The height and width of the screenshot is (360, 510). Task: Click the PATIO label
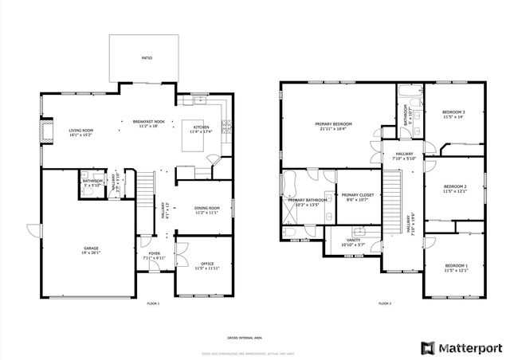click(147, 58)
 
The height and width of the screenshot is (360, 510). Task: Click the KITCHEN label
click(201, 127)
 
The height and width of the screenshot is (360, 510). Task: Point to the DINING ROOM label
click(206, 209)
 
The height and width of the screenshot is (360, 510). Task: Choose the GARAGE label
click(91, 248)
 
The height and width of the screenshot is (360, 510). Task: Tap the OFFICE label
click(207, 264)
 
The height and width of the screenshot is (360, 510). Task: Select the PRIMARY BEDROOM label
click(334, 124)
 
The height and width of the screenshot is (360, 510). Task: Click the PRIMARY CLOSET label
click(357, 195)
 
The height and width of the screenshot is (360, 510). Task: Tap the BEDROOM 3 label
click(453, 112)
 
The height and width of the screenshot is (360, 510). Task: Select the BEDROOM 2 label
click(454, 187)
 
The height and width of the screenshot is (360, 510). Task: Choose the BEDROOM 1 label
click(456, 264)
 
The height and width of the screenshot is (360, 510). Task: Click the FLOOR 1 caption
click(153, 303)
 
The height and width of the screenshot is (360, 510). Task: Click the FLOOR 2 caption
click(385, 303)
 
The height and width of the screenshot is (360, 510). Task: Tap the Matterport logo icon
click(429, 346)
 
